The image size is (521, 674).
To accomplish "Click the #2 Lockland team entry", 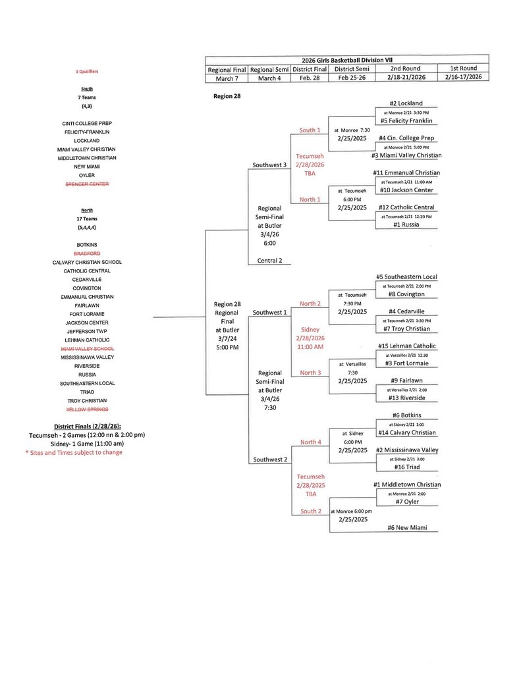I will (x=406, y=103).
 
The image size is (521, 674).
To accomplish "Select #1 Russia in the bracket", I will (x=406, y=224).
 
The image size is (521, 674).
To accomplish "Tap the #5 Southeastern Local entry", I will (x=406, y=276).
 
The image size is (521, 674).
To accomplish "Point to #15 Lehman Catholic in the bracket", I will (x=406, y=346).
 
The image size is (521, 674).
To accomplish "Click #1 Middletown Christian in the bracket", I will (x=406, y=484).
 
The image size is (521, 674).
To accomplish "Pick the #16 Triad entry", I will (x=406, y=467).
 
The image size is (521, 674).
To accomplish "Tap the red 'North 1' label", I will (x=310, y=199).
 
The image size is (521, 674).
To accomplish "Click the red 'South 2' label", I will (x=310, y=511).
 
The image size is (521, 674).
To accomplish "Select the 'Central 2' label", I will (x=270, y=260).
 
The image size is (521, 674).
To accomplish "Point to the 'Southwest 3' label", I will (x=270, y=165).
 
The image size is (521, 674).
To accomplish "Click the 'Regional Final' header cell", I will (x=227, y=68).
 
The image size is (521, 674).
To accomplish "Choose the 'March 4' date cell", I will (x=269, y=78).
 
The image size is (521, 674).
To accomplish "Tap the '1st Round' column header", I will (x=464, y=68).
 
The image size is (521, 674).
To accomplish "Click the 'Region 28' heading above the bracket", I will (x=227, y=96).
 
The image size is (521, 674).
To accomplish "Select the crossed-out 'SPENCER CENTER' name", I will (x=87, y=184).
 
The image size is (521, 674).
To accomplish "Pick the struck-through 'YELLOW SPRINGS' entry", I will (x=87, y=409).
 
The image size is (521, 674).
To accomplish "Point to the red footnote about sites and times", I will (x=74, y=452).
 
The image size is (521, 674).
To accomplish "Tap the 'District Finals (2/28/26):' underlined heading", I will (x=87, y=425).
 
